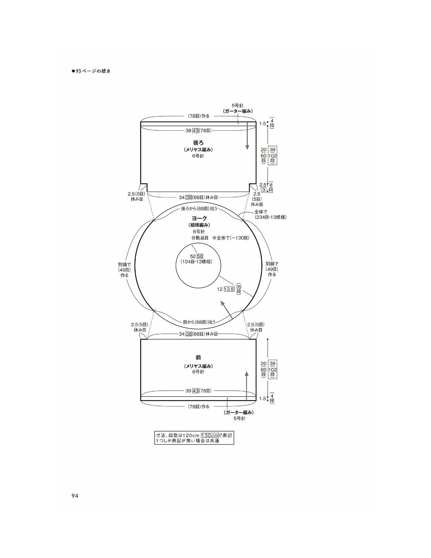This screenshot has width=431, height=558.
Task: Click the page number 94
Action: [75, 496]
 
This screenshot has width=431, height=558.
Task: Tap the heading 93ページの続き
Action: [91, 71]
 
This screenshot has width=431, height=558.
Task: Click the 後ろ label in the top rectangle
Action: [198, 143]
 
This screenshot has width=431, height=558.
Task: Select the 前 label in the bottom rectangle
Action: [198, 358]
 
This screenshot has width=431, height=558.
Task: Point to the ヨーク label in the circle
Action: [199, 218]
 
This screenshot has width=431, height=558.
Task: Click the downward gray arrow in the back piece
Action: [247, 136]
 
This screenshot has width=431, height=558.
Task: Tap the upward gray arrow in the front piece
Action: [246, 386]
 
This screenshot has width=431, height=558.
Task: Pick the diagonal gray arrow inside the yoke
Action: [227, 310]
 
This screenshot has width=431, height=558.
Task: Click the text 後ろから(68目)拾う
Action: [199, 209]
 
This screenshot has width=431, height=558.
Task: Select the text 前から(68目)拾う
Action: [199, 322]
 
